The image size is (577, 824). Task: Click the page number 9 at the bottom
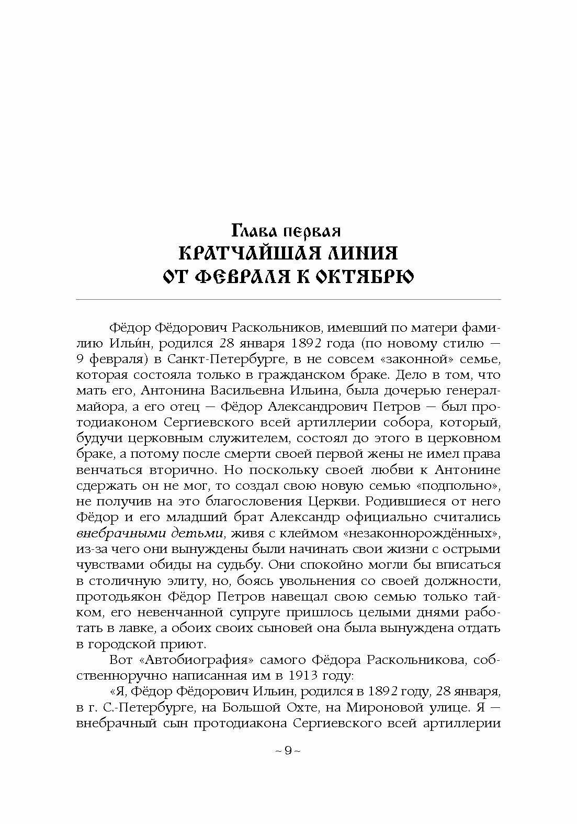[288, 751]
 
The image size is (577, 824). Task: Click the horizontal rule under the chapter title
[288, 300]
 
